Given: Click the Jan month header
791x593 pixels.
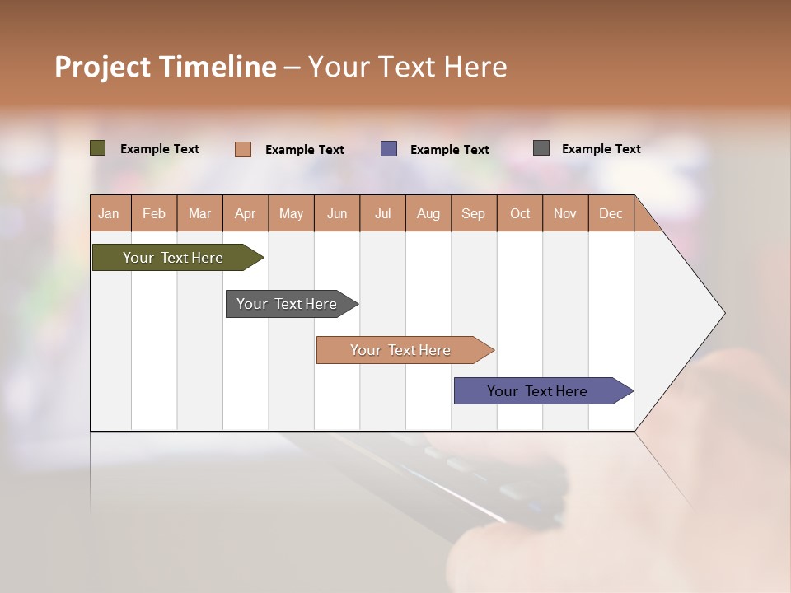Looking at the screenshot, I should (x=109, y=213).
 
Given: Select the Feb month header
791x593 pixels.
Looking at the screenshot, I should (x=154, y=213).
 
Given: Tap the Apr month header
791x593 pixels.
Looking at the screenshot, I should (x=245, y=213).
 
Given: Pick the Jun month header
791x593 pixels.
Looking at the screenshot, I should (x=337, y=213).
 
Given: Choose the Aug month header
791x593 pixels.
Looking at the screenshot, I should (x=428, y=213).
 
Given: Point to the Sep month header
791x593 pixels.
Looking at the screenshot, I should (x=473, y=213).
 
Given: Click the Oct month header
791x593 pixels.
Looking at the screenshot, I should (x=520, y=213).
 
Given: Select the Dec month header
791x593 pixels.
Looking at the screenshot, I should (x=611, y=213).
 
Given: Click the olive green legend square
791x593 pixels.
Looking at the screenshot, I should (x=98, y=148).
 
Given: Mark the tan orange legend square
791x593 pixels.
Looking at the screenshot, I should (x=243, y=149).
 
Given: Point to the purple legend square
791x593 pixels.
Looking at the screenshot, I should (x=389, y=149).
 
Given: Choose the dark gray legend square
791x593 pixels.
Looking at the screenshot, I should (x=541, y=148).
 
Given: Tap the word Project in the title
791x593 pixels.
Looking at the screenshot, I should (x=103, y=67).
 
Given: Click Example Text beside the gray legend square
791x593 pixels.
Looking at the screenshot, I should (x=601, y=149).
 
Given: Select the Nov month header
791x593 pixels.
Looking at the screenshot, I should (x=564, y=213).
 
